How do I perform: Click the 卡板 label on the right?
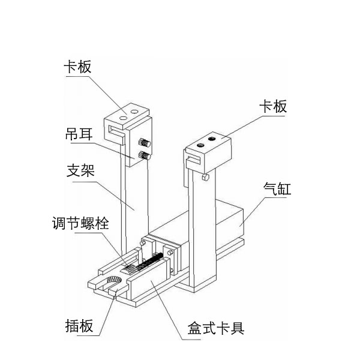(272, 106)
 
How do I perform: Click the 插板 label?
(79, 326)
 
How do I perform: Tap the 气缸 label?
(278, 191)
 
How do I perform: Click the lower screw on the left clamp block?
(143, 156)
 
